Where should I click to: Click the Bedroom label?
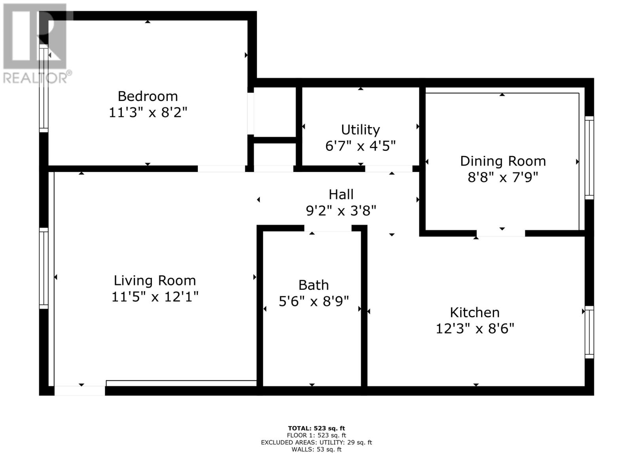pyautogui.click(x=148, y=96)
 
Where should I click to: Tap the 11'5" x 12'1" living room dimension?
pyautogui.click(x=155, y=297)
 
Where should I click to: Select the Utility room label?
pyautogui.click(x=360, y=130)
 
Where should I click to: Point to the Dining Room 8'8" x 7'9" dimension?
pyautogui.click(x=503, y=177)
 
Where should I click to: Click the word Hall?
pyautogui.click(x=341, y=194)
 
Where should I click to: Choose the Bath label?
pyautogui.click(x=313, y=285)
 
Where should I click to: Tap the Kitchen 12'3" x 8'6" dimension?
pyautogui.click(x=475, y=329)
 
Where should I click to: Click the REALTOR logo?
pyautogui.click(x=36, y=44)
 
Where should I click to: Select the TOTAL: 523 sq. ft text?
pyautogui.click(x=316, y=428)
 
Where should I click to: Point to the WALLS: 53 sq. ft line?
pyautogui.click(x=316, y=449)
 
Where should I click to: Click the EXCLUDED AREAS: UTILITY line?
pyautogui.click(x=316, y=442)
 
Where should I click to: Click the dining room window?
pyautogui.click(x=589, y=158)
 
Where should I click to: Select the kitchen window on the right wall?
pyautogui.click(x=589, y=332)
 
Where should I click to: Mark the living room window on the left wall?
pyautogui.click(x=44, y=268)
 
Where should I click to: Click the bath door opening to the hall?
pyautogui.click(x=328, y=229)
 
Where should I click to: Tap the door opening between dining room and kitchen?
pyautogui.click(x=500, y=233)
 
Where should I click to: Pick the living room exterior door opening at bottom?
pyautogui.click(x=80, y=390)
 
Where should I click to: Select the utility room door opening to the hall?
pyautogui.click(x=389, y=169)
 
